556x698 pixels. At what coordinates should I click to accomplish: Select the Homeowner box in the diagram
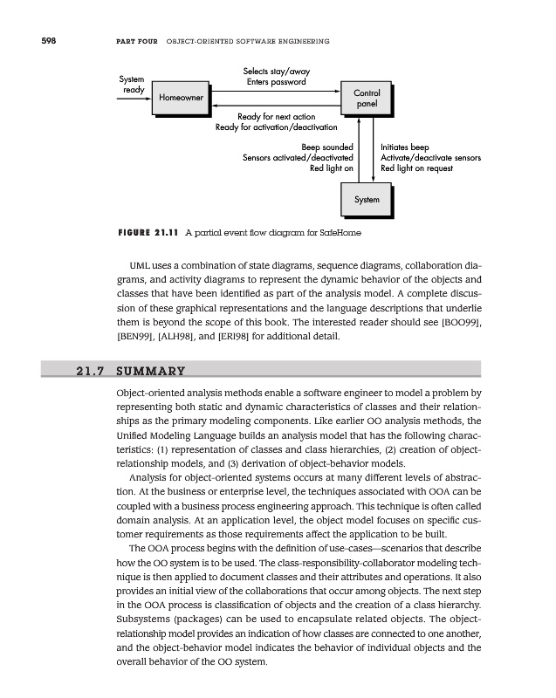[181, 99]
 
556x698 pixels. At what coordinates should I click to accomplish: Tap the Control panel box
[366, 98]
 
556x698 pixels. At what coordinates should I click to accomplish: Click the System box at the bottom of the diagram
[367, 200]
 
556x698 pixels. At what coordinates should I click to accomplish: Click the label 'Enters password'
[276, 82]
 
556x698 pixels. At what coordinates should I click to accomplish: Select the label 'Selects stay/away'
[276, 71]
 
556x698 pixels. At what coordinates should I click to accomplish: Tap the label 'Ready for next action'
[276, 117]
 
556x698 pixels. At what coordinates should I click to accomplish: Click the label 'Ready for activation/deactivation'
[276, 128]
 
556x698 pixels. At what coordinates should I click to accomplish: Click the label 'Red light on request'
[417, 168]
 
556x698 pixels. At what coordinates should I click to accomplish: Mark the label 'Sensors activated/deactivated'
[298, 158]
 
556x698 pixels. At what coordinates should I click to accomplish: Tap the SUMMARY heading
[154, 370]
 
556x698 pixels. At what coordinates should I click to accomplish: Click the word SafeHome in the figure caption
[338, 233]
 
